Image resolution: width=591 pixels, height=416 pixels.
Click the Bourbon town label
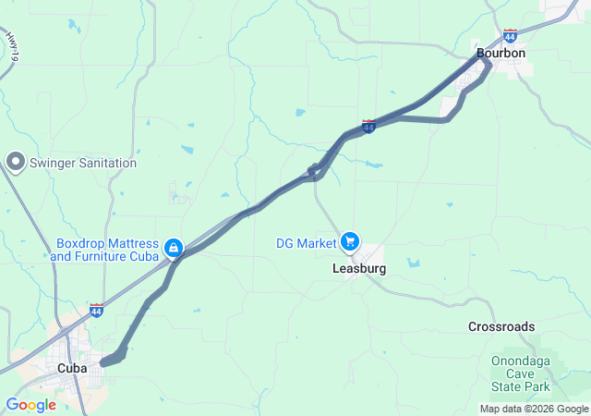[501, 54]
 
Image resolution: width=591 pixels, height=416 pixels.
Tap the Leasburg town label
[358, 269]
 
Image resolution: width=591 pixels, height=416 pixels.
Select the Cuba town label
[72, 368]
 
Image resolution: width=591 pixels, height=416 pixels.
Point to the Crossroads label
[501, 327]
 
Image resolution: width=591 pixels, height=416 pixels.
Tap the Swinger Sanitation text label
[83, 164]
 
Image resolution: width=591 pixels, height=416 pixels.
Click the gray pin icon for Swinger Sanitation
[15, 163]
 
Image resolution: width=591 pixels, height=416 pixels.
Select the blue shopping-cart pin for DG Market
[350, 242]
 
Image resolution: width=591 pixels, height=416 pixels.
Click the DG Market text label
[307, 243]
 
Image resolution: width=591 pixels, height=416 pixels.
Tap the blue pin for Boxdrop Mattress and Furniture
[173, 248]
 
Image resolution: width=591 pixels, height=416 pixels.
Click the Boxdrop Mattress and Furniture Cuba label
[105, 250]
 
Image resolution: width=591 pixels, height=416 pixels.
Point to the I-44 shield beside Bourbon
[511, 36]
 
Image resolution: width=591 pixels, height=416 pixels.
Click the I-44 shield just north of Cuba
[97, 310]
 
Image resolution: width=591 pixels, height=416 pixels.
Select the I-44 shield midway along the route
[368, 126]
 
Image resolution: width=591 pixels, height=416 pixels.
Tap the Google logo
[30, 405]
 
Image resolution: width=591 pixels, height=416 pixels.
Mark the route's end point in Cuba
[103, 362]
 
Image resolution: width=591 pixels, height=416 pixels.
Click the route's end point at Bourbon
[487, 65]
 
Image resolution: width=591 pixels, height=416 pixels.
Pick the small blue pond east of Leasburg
[413, 263]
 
